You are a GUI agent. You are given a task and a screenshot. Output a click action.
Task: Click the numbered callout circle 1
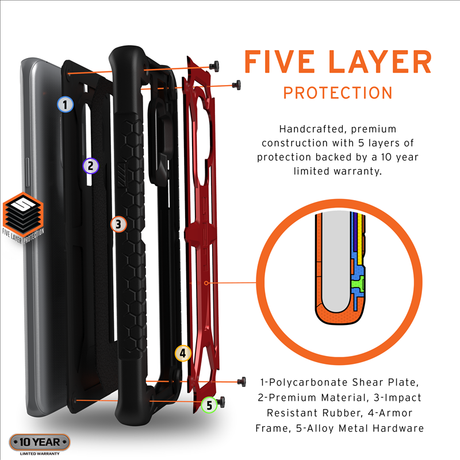65,105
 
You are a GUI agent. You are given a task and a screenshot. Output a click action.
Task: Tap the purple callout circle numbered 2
91,166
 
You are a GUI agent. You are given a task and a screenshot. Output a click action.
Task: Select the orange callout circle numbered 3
118,224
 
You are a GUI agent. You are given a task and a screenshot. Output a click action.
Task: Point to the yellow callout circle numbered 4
183,353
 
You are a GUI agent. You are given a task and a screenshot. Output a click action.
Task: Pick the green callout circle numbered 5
209,405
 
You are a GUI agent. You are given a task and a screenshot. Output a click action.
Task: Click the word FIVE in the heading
279,62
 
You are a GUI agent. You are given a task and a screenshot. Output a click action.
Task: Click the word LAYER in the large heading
380,62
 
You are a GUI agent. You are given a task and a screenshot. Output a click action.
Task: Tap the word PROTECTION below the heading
338,93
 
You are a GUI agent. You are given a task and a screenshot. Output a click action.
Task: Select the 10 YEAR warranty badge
40,442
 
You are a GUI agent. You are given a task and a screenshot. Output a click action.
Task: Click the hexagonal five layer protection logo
23,218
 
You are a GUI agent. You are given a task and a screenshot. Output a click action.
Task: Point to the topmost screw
214,66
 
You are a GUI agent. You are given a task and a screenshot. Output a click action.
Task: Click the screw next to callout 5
221,401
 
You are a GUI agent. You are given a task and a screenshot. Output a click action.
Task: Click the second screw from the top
236,85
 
